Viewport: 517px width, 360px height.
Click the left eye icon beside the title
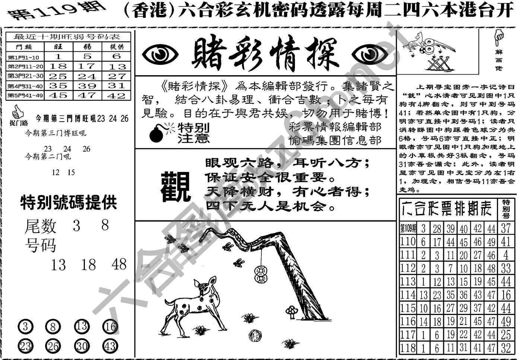pos(161,55)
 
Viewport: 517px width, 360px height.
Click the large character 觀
pos(175,187)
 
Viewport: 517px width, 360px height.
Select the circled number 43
pos(110,346)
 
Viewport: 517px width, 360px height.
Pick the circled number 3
pos(26,327)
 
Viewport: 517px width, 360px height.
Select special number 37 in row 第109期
pos(505,228)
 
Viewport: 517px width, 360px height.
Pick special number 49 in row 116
pos(505,321)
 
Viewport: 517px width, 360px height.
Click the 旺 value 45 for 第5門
pos(58,95)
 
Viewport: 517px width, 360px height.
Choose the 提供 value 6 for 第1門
pos(117,56)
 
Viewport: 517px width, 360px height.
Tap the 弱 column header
pos(87,47)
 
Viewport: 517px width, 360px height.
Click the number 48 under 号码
pos(119,265)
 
